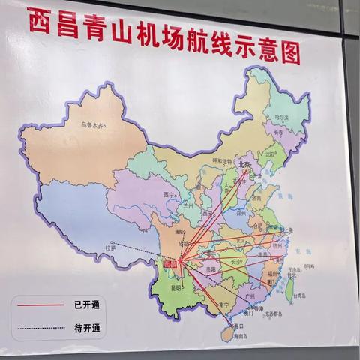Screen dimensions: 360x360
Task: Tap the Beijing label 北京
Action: click(x=243, y=163)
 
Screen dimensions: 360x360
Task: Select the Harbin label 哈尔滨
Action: click(x=280, y=117)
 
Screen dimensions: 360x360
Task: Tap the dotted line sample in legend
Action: click(x=40, y=327)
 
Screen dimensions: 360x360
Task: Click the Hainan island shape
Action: click(x=232, y=334)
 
